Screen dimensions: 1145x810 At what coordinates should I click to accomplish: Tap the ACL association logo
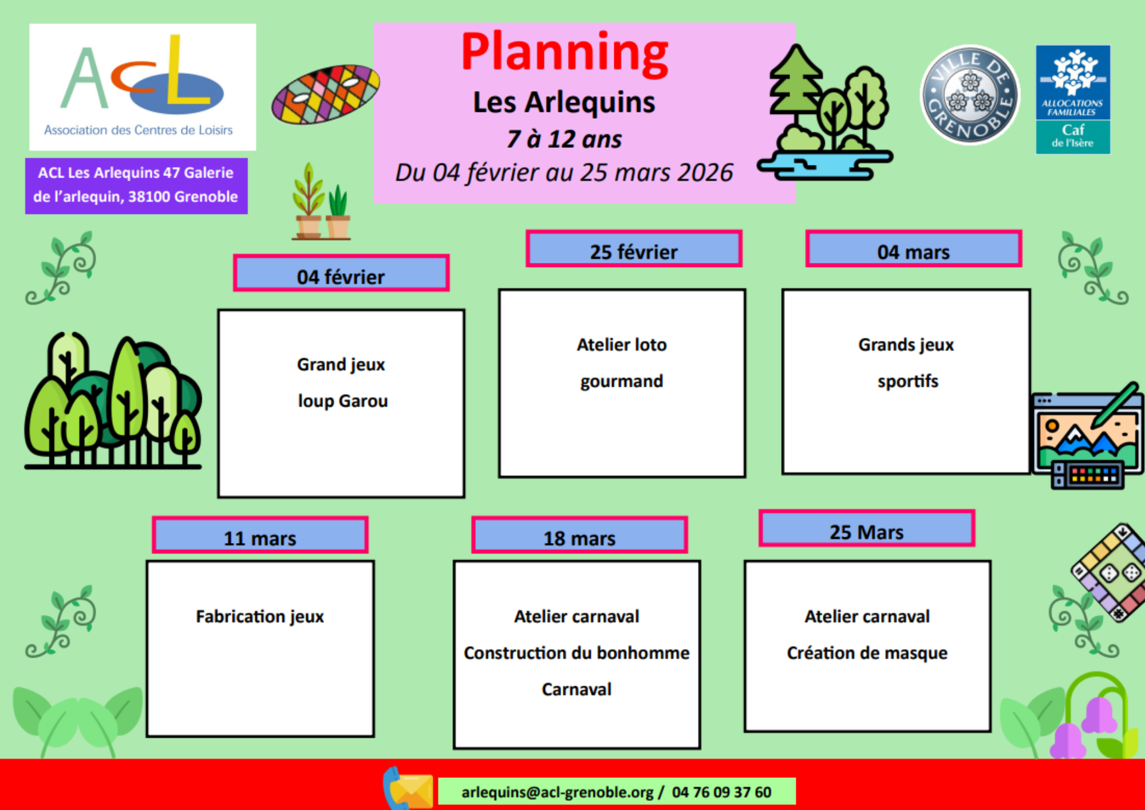click(x=143, y=87)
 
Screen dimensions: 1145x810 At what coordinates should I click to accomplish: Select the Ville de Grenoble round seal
click(x=970, y=95)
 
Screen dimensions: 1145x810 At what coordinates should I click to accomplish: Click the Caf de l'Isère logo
click(x=1073, y=100)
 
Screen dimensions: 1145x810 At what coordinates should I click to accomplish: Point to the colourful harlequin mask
click(x=325, y=94)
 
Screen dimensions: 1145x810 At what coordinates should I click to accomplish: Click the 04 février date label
click(x=341, y=273)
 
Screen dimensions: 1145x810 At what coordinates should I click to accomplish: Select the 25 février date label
click(x=634, y=249)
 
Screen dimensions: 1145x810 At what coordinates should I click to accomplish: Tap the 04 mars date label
click(x=914, y=249)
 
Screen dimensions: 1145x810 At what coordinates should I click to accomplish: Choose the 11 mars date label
click(x=260, y=535)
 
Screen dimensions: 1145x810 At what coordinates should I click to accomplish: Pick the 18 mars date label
click(x=579, y=535)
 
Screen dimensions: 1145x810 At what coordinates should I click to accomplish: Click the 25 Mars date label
click(x=867, y=528)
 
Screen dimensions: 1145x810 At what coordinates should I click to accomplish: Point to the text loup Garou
click(x=343, y=401)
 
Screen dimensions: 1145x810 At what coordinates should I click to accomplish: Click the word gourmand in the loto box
click(x=622, y=382)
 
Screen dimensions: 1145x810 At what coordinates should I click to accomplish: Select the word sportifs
click(x=908, y=382)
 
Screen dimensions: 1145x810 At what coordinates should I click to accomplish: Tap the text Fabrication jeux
click(x=260, y=617)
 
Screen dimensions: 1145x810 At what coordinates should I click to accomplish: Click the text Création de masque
click(x=867, y=653)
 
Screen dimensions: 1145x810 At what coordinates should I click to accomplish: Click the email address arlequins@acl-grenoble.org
click(x=558, y=792)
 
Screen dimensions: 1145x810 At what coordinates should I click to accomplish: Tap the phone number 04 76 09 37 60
click(x=721, y=792)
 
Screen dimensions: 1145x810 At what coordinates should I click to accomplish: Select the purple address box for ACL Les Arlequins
click(x=136, y=186)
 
